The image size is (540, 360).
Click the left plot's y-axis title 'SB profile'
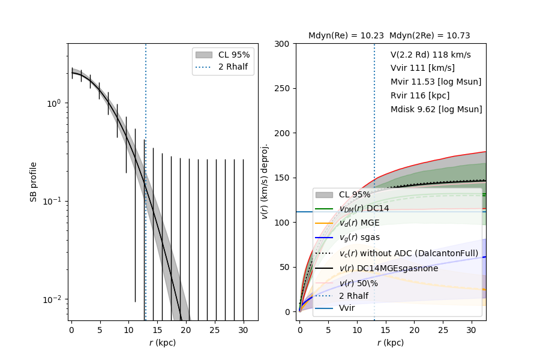coord(34,182)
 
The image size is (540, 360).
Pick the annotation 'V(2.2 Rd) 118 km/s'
coord(430,55)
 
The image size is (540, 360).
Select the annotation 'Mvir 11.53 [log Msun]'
coord(436,82)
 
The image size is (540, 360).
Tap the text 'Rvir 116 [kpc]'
coord(420,96)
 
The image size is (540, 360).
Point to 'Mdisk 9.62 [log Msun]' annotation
coord(436,110)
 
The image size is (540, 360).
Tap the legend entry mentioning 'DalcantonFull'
coord(409,253)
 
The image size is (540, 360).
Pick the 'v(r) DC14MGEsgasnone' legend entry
coord(389,268)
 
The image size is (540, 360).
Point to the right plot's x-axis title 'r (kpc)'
coord(391,343)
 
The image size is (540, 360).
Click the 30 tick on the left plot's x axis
coord(244,330)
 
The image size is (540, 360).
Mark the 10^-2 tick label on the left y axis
coord(53,299)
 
